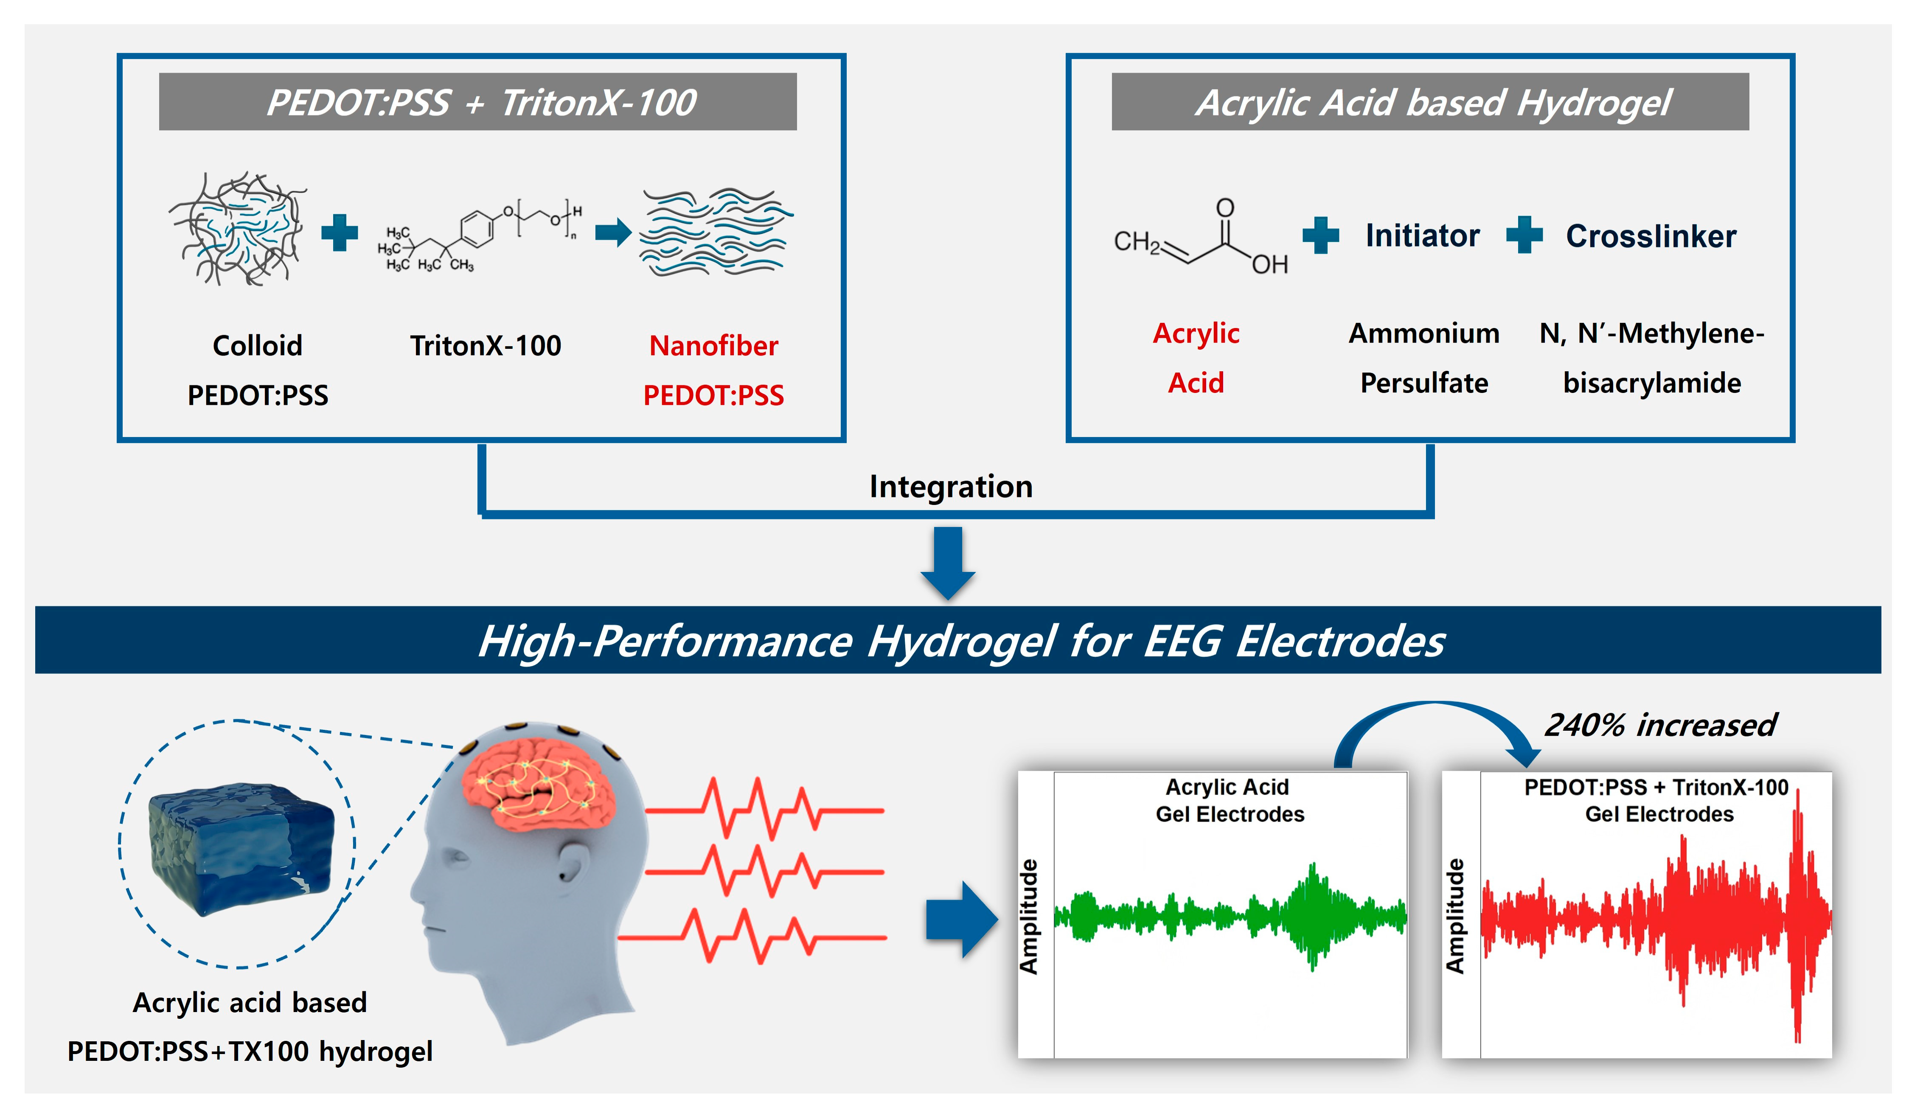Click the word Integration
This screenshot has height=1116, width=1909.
pos(951,486)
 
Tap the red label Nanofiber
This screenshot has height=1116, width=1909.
pos(713,346)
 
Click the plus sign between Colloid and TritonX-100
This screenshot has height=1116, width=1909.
pos(340,233)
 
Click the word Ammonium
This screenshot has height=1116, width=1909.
pos(1423,334)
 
